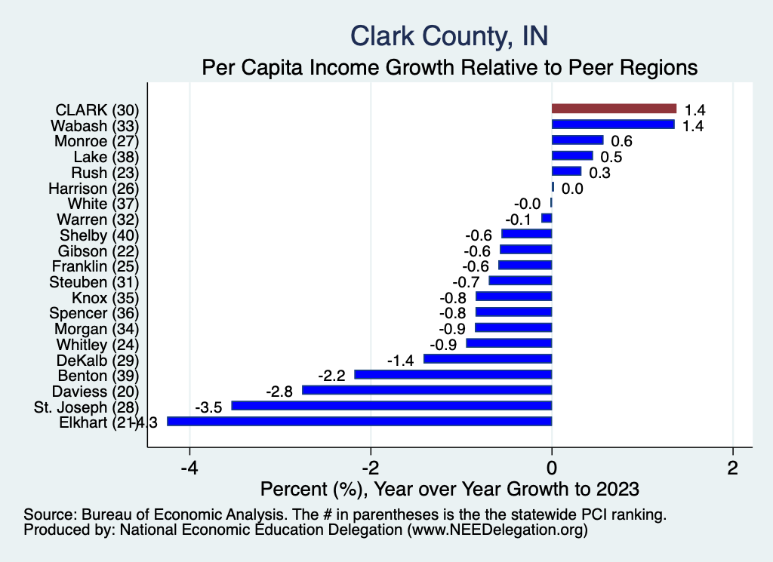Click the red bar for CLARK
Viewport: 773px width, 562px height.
click(x=614, y=109)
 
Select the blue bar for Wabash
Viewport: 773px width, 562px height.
click(x=613, y=124)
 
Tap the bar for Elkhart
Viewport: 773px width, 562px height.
click(x=359, y=422)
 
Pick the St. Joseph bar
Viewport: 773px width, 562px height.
click(x=392, y=406)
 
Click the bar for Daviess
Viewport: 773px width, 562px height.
click(x=427, y=390)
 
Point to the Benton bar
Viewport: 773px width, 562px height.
click(x=454, y=374)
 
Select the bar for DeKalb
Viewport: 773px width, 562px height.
click(x=488, y=359)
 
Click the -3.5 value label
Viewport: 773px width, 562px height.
click(x=209, y=407)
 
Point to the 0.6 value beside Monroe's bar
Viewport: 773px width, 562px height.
click(x=621, y=141)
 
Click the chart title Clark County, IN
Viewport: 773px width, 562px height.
click(x=449, y=35)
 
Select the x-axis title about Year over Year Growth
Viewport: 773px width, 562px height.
click(x=449, y=487)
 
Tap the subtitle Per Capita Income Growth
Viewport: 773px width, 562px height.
click(x=449, y=67)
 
